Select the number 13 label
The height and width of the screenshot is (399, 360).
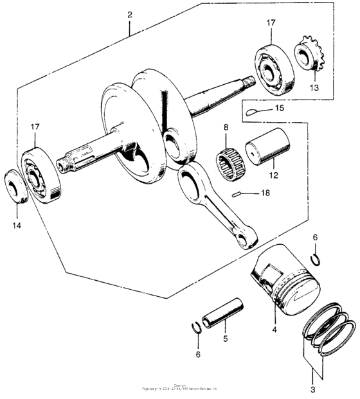[x=313, y=87]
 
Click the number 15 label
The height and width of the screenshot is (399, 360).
[x=278, y=108]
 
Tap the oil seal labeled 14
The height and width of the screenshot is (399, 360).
[x=14, y=187]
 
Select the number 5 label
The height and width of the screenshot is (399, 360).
[x=225, y=339]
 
